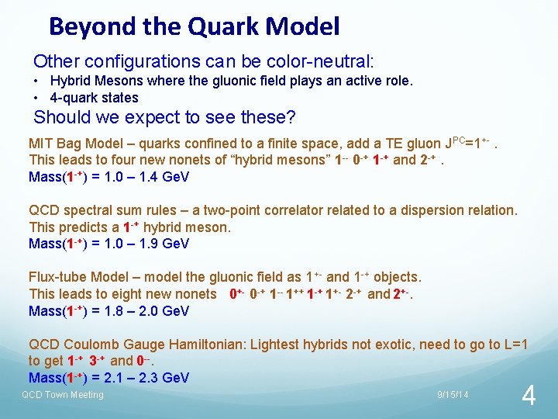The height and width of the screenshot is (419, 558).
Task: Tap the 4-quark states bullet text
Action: tap(94, 98)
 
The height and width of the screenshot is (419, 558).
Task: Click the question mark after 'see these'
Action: tap(291, 118)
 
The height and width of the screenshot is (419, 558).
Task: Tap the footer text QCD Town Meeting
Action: tap(62, 395)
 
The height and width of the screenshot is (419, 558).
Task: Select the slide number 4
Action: tap(529, 396)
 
